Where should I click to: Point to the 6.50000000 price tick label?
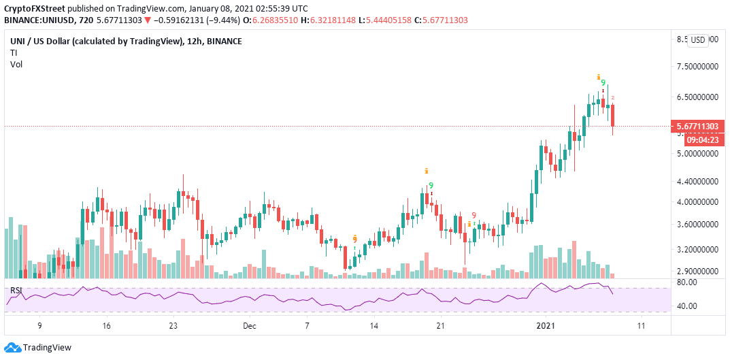point(699,97)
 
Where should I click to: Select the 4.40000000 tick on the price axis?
point(699,182)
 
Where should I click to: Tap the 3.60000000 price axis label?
point(699,224)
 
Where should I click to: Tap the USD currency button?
point(698,40)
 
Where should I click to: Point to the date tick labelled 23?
point(173,326)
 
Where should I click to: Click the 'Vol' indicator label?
point(16,64)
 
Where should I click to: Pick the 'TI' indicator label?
point(14,52)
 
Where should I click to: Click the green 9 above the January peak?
point(603,83)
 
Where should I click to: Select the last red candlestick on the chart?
point(613,114)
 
